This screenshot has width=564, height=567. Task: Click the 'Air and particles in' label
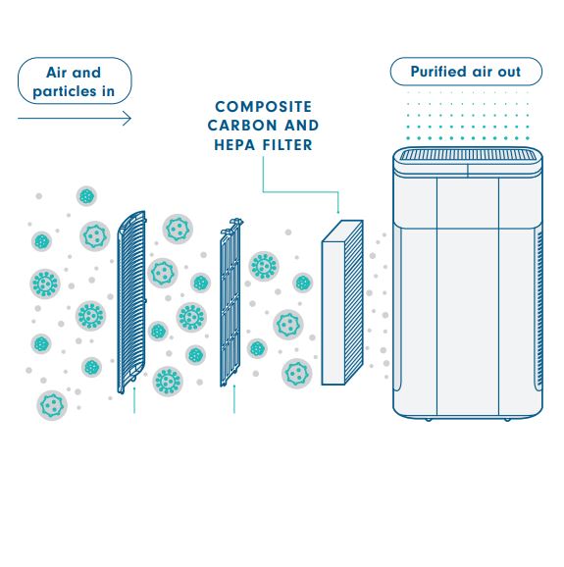pos(75,81)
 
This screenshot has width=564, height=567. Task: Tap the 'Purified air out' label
pos(466,72)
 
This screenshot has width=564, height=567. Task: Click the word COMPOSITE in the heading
pos(263,107)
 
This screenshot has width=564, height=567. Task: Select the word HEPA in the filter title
pos(235,145)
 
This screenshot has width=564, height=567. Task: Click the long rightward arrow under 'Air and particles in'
pos(75,119)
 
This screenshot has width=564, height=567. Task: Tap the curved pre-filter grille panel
pos(131,302)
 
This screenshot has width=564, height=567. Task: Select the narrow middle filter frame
pos(231,302)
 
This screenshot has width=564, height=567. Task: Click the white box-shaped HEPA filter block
pos(342,303)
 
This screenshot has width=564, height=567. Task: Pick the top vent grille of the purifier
pos(468,156)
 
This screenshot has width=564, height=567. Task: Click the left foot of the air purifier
pos(428,420)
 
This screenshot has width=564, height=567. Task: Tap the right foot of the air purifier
pos(507,420)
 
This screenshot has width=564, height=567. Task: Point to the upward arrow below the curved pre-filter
pos(134,400)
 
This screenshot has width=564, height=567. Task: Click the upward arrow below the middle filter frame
pos(234,399)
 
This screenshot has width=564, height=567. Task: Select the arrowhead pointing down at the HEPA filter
pos(338,212)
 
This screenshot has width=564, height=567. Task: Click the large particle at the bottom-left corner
pos(52,405)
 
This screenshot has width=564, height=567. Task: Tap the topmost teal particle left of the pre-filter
pos(86,196)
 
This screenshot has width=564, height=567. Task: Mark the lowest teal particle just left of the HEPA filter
pos(297,373)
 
